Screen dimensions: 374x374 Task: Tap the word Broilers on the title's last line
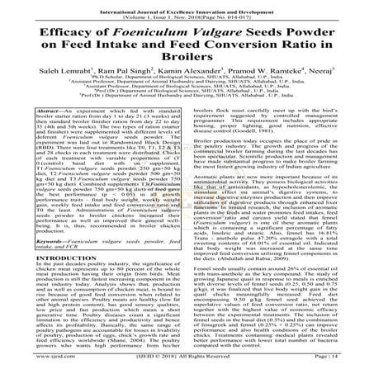click(187, 66)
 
